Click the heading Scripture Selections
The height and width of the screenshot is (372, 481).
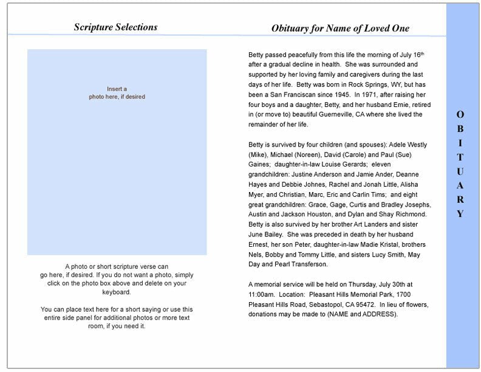[115, 27]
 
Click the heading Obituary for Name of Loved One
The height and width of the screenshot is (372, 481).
[340, 28]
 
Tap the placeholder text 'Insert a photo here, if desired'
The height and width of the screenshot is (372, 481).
[117, 92]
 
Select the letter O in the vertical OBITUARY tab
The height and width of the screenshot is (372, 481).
[460, 114]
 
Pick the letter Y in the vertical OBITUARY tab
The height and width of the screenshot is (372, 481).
[460, 213]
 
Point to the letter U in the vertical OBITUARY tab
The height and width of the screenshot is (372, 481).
[460, 171]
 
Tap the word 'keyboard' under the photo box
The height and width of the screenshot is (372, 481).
[117, 292]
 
